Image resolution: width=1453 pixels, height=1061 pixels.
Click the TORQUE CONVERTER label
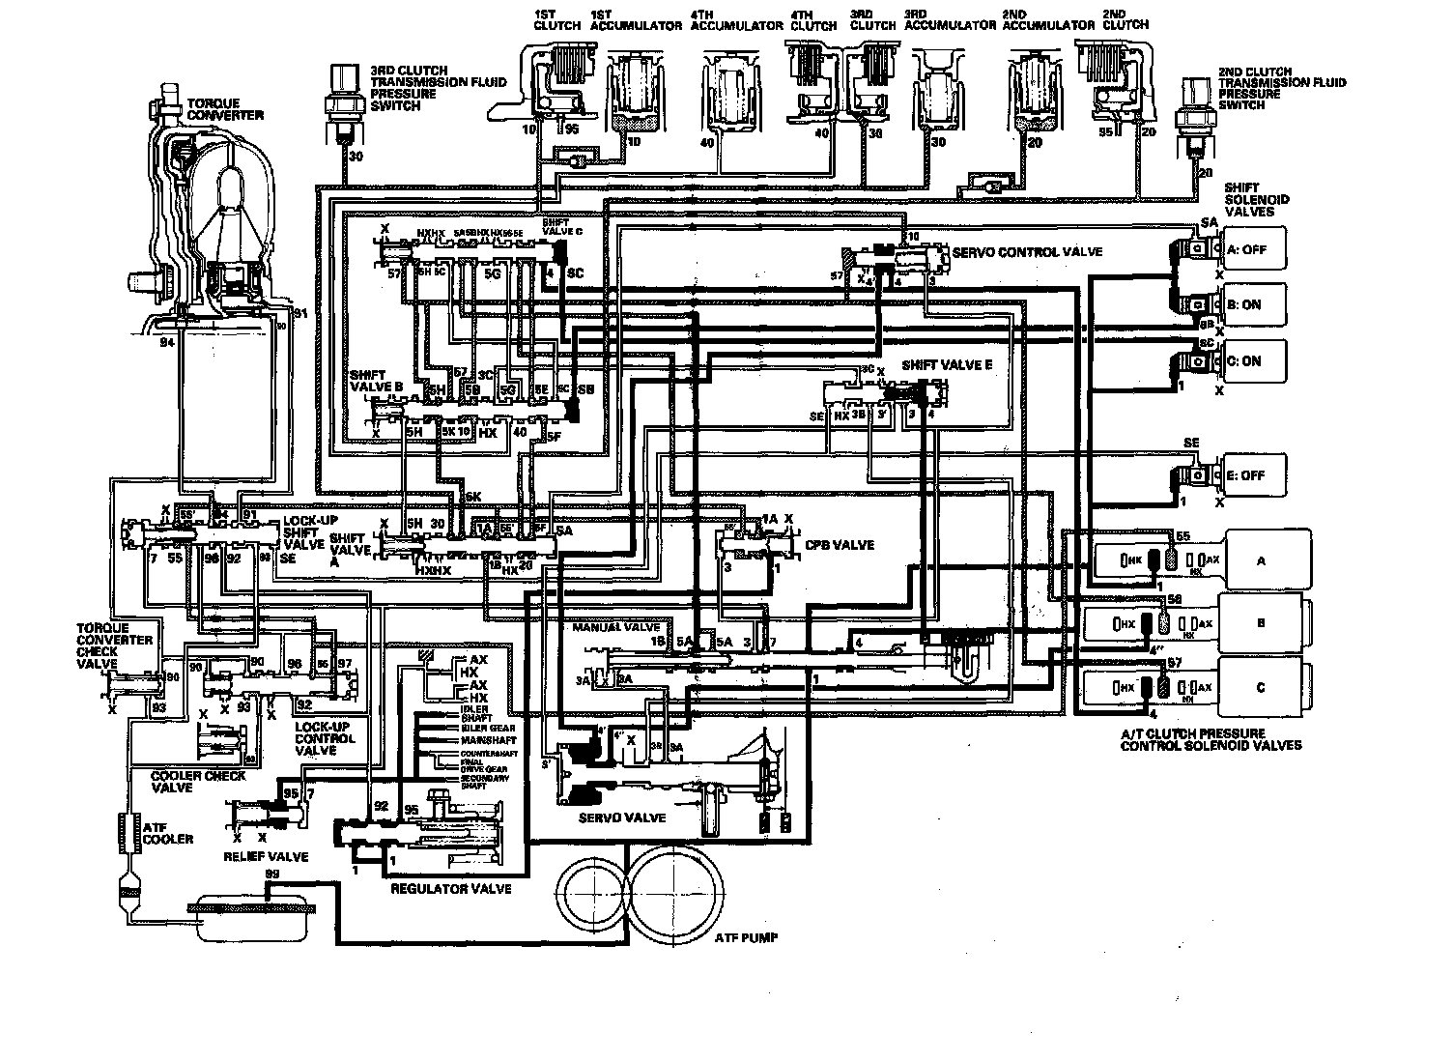(x=225, y=108)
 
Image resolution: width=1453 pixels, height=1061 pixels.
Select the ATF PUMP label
(x=747, y=937)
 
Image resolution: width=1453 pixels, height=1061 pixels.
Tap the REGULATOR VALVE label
(x=450, y=888)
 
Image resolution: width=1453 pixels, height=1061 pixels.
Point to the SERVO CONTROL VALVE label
(x=1027, y=252)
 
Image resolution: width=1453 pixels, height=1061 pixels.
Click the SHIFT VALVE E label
(x=947, y=366)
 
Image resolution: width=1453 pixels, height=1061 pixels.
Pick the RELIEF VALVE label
(x=266, y=856)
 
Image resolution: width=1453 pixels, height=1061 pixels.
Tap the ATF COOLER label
(x=167, y=832)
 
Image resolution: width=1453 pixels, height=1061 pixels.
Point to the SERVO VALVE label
(x=636, y=817)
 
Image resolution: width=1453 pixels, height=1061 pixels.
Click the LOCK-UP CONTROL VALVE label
(x=325, y=738)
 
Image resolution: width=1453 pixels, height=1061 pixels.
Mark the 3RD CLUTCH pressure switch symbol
(x=342, y=94)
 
